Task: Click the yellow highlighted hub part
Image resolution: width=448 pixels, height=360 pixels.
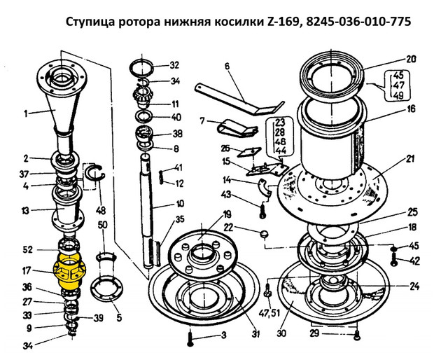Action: click(70, 271)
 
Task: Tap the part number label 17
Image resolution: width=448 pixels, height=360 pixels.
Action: click(27, 270)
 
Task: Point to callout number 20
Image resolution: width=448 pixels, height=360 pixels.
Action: click(411, 60)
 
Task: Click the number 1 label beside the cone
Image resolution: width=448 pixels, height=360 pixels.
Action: click(26, 114)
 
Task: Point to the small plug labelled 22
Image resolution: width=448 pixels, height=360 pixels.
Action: click(265, 234)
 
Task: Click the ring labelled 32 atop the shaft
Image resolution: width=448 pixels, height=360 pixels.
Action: click(141, 68)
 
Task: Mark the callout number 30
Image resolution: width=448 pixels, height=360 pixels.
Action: click(281, 333)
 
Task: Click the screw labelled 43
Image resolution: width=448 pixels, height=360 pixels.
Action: click(263, 211)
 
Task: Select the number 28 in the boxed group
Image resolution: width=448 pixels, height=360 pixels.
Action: click(281, 132)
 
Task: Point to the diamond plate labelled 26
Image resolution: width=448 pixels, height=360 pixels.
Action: click(249, 152)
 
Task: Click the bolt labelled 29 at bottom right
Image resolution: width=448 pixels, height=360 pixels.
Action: click(356, 335)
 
